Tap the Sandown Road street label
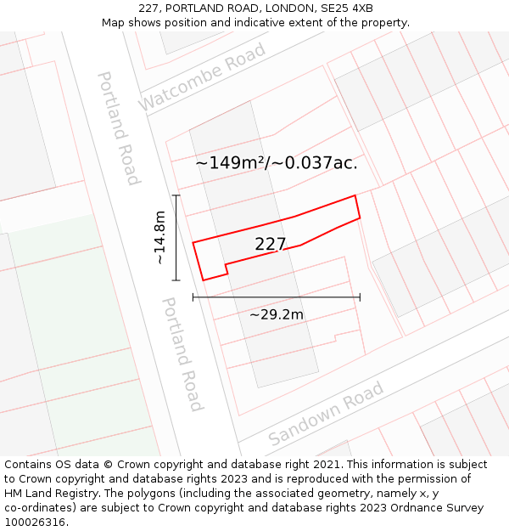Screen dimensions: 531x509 pyautogui.click(x=327, y=414)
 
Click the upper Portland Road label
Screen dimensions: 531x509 pyautogui.click(x=118, y=128)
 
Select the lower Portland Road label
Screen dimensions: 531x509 pyautogui.click(x=182, y=353)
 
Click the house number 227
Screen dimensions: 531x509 pyautogui.click(x=271, y=245)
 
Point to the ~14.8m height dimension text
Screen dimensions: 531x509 pyautogui.click(x=159, y=239)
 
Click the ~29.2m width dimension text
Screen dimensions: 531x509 pyautogui.click(x=276, y=315)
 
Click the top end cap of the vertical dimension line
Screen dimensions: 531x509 pyautogui.click(x=176, y=195)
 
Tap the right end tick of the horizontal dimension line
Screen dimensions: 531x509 pyautogui.click(x=360, y=297)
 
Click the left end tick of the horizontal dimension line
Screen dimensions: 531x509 pyautogui.click(x=193, y=297)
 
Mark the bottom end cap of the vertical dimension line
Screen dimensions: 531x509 pyautogui.click(x=176, y=280)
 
